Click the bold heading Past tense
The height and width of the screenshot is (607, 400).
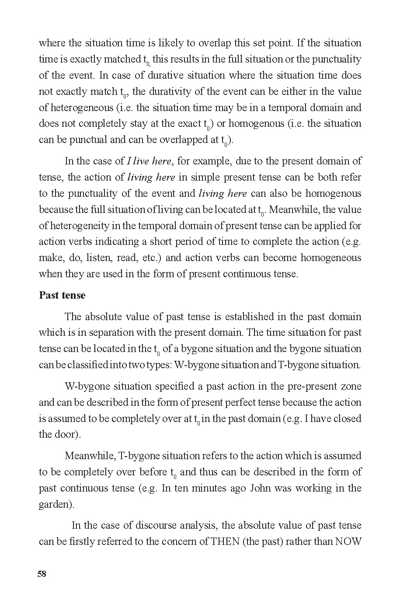click(62, 296)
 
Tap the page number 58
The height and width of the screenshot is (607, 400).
click(42, 574)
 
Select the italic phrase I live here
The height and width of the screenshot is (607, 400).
click(149, 161)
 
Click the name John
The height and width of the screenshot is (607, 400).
click(261, 488)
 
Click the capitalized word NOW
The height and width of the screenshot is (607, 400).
click(348, 541)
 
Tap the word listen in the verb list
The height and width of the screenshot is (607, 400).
click(99, 258)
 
